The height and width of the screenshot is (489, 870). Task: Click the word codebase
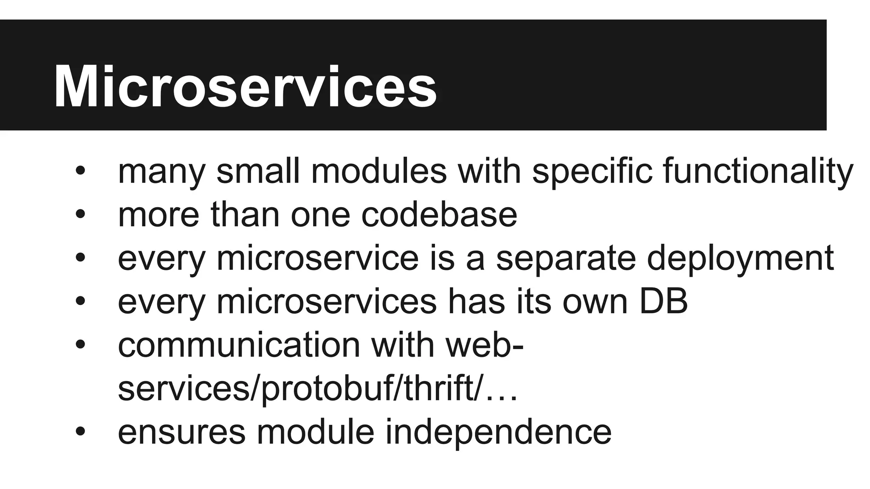coord(439,214)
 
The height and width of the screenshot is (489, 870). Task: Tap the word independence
coord(498,432)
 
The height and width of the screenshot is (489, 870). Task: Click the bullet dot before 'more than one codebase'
coord(81,214)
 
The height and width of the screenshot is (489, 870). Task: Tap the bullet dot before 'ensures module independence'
coord(81,432)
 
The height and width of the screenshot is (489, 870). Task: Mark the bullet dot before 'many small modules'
coord(81,171)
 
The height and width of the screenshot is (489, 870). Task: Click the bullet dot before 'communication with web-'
coord(81,345)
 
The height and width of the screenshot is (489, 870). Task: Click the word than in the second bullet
coord(245,214)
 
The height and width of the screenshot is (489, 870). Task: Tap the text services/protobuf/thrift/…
coord(318,388)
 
